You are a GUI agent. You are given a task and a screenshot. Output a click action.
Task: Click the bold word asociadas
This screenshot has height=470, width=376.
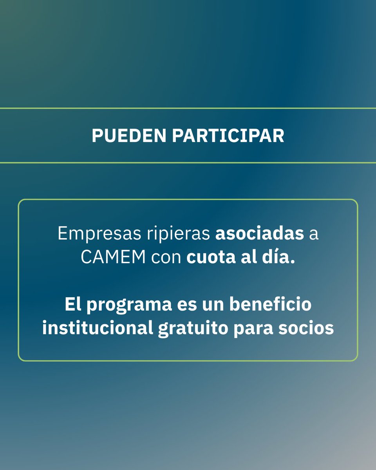tap(260, 234)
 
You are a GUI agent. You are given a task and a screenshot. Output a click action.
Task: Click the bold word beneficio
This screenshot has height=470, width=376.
tap(271, 305)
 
